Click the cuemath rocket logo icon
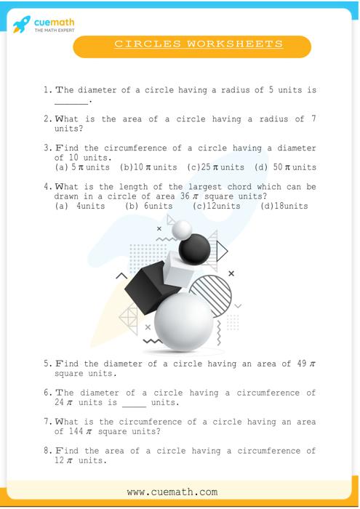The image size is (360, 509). pyautogui.click(x=22, y=24)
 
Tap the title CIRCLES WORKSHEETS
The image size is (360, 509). pyautogui.click(x=199, y=44)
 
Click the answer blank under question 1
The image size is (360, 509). pyautogui.click(x=71, y=103)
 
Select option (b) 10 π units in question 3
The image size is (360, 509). pyautogui.click(x=148, y=167)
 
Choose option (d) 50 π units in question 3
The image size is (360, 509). pyautogui.click(x=285, y=167)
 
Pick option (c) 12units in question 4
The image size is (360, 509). pyautogui.click(x=216, y=206)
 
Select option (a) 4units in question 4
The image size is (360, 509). pyautogui.click(x=80, y=206)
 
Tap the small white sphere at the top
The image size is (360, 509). pyautogui.click(x=182, y=230)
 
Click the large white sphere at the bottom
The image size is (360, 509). pyautogui.click(x=184, y=321)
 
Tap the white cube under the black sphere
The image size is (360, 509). pyautogui.click(x=178, y=270)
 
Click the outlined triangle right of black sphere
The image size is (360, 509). pyautogui.click(x=222, y=251)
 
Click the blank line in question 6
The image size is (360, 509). pyautogui.click(x=134, y=406)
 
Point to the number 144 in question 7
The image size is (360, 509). pyautogui.click(x=76, y=431)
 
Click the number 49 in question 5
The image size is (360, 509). pyautogui.click(x=302, y=364)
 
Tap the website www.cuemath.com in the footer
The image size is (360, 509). pyautogui.click(x=172, y=492)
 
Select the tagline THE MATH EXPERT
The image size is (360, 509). pyautogui.click(x=55, y=31)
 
